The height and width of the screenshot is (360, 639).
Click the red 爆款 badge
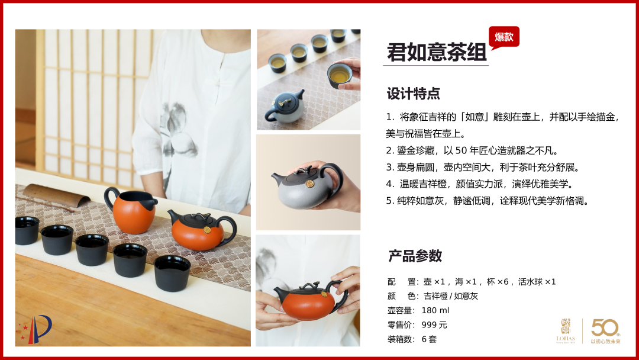coord(504,37)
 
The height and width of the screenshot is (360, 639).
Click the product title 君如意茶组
coord(437,52)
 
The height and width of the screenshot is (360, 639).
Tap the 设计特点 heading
coord(413,94)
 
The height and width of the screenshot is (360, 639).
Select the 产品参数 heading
coord(415,256)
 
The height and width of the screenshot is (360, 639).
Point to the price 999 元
coord(434,325)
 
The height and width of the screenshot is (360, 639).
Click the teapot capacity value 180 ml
coord(435,311)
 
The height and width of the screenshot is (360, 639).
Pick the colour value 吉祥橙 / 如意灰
coord(451,296)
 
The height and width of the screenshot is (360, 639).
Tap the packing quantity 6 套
coord(429,339)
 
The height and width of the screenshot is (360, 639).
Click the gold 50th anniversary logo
coord(606,330)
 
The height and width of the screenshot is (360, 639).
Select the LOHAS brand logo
coord(566,330)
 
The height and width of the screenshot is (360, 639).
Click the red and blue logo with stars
coord(34,329)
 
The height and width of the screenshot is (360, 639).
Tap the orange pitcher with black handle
coord(130,210)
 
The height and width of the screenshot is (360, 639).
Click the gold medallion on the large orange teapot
coord(206,230)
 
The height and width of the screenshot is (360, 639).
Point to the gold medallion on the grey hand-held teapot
coord(309,184)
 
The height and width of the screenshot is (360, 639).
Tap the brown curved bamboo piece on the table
coord(56,196)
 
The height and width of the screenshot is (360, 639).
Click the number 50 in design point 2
coord(461,151)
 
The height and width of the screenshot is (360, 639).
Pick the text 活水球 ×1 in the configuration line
coord(537,282)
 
